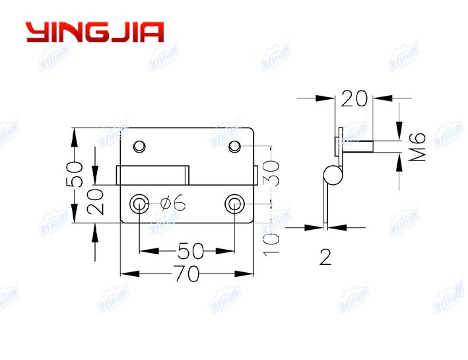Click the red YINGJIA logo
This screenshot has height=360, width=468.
94,32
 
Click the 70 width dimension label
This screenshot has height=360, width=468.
187,273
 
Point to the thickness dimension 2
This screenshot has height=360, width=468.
325,258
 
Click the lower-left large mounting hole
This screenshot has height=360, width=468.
139,203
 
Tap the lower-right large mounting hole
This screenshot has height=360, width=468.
234,203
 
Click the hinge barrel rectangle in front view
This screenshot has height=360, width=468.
152,176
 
